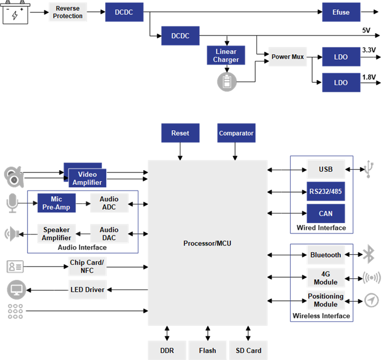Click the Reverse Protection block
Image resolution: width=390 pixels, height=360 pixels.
click(68, 12)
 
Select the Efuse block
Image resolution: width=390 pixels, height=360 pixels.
click(341, 12)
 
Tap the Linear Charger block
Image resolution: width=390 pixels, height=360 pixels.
click(226, 56)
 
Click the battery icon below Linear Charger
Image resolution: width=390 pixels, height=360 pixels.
click(227, 82)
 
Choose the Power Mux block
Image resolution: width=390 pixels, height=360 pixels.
click(287, 57)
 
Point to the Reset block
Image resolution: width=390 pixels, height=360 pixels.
click(180, 134)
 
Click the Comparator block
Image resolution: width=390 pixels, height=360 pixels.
click(236, 134)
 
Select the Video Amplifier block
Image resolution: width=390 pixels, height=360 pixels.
click(87, 178)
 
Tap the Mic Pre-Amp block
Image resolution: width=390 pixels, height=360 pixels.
click(56, 203)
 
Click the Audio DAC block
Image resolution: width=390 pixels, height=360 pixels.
click(109, 234)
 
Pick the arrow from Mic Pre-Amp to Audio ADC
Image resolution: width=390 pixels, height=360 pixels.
click(82, 203)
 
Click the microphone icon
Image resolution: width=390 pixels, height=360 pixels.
click(12, 203)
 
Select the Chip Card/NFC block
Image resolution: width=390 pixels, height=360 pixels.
click(87, 266)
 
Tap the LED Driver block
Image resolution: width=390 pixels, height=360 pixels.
click(87, 290)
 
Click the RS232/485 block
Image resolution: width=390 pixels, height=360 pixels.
click(326, 192)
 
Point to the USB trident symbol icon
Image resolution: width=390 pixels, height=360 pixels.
click(369, 169)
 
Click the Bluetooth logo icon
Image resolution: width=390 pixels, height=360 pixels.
click(369, 254)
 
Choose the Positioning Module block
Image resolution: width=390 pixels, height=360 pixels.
click(326, 300)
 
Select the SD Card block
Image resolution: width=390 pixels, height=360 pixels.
click(249, 350)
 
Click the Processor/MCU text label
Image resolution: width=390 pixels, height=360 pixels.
click(207, 243)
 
